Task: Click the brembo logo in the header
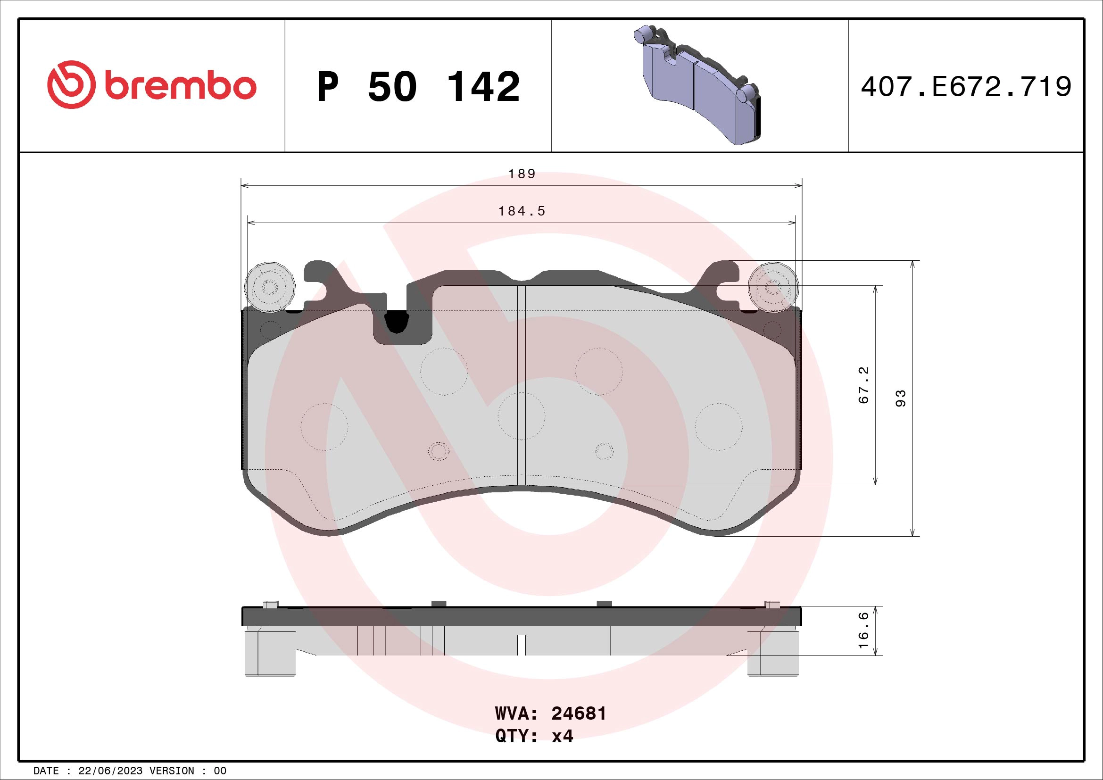click(151, 85)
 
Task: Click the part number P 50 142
click(418, 87)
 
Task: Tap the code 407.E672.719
click(966, 87)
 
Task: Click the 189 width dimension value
click(522, 174)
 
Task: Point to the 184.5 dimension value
click(522, 211)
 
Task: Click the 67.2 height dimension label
click(864, 385)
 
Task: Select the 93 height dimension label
click(901, 398)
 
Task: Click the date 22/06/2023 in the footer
click(110, 771)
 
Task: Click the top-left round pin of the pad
click(270, 288)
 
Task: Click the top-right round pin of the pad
click(773, 288)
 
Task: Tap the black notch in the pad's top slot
click(396, 321)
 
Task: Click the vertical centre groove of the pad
click(522, 384)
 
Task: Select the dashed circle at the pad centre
click(522, 415)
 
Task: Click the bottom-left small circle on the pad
click(438, 451)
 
